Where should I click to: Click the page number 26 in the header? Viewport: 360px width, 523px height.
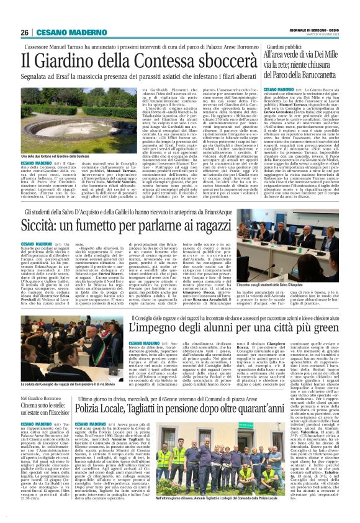tap(25, 33)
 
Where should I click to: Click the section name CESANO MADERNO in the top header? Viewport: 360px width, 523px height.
tap(63, 33)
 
